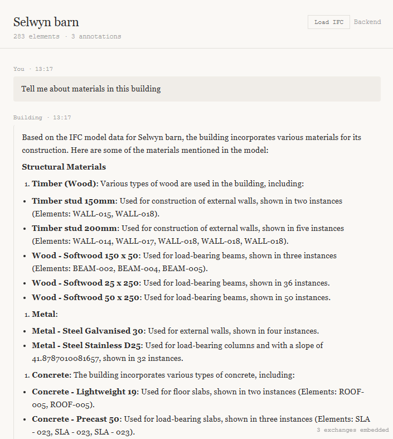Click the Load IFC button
[329, 22]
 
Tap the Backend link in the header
[367, 22]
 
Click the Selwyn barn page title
[46, 22]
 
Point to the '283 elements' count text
[36, 37]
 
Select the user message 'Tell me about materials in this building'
[91, 89]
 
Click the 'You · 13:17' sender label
[33, 69]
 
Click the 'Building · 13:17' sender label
[42, 118]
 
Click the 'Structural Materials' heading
[64, 167]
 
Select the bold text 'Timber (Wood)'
[65, 184]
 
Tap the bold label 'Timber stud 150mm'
[73, 201]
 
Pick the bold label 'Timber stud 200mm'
[74, 228]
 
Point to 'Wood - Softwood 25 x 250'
[85, 283]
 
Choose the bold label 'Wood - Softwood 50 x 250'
[85, 297]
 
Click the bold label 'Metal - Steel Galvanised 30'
[88, 331]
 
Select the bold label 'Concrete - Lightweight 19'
[85, 392]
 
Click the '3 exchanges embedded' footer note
[352, 430]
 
